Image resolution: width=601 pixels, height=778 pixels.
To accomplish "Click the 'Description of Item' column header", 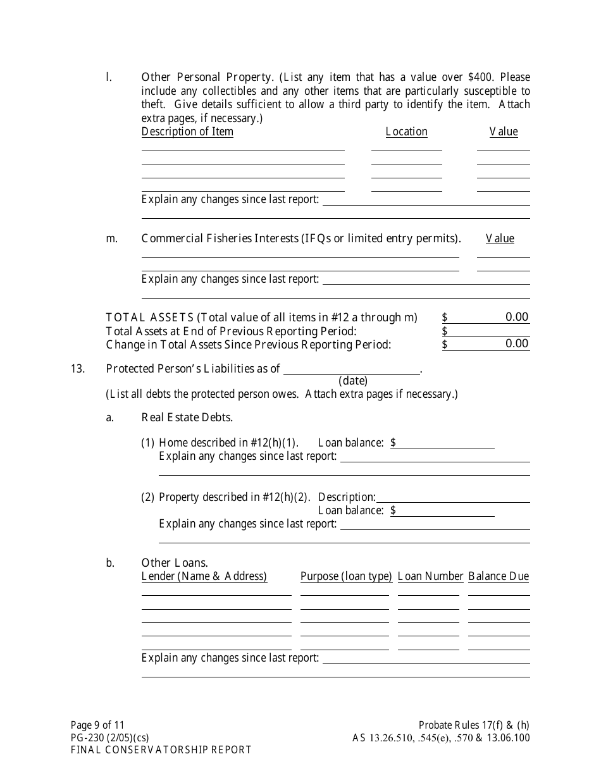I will (x=187, y=132).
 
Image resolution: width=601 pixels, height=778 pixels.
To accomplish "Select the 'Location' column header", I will (x=406, y=132).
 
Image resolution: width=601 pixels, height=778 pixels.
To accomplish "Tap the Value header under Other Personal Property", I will (x=504, y=132).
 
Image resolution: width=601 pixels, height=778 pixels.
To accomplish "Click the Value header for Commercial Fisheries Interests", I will (x=500, y=238).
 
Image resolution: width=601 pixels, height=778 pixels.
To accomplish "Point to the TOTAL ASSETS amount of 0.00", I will (x=516, y=317).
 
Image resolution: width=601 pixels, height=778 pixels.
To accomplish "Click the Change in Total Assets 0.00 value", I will (x=516, y=343).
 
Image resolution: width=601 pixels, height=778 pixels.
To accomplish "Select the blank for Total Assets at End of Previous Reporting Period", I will (x=488, y=331).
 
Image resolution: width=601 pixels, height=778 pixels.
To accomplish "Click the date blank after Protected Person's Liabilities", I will (x=351, y=369).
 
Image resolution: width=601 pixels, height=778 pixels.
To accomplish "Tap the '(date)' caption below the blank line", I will (x=353, y=381).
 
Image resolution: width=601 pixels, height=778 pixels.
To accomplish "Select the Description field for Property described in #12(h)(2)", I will (x=452, y=497).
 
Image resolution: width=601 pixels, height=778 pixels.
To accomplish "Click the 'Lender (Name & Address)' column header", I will (x=204, y=576).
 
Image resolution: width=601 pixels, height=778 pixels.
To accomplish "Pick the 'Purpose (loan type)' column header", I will (x=346, y=576).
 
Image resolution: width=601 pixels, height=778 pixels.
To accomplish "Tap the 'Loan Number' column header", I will (x=431, y=576).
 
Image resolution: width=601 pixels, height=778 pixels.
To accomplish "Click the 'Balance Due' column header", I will (x=499, y=576).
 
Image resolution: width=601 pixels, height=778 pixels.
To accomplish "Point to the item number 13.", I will (x=78, y=369).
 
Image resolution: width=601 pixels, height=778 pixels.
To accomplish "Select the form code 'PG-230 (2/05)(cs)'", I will (x=109, y=738).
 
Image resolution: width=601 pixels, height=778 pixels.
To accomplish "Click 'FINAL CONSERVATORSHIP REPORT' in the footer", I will (x=161, y=750).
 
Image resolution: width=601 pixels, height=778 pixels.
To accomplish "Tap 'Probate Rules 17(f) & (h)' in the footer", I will (x=474, y=726).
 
